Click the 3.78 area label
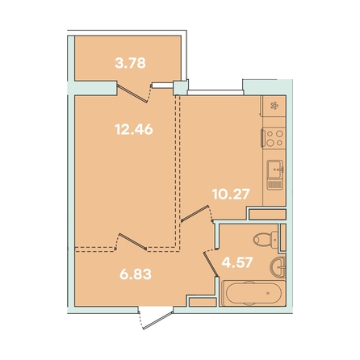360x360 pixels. tap(130, 63)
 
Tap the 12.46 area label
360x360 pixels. tap(134, 129)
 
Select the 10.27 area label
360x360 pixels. tap(231, 194)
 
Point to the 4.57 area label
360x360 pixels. tap(237, 262)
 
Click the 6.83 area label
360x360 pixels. tap(136, 274)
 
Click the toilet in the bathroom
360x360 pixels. tap(266, 239)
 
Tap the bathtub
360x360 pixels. tap(253, 293)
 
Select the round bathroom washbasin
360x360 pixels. tap(278, 267)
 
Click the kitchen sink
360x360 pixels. tap(274, 174)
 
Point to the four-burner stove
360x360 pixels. tap(274, 138)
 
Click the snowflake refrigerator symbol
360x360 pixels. tap(274, 106)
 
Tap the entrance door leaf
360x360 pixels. tap(158, 320)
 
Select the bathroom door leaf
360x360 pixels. tap(211, 263)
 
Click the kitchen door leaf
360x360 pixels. tap(195, 214)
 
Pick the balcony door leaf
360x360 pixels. tap(132, 93)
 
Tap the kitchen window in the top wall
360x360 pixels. tap(216, 93)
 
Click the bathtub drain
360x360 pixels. tap(268, 293)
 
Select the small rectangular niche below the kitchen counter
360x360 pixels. tap(267, 215)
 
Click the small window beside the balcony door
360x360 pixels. tap(162, 86)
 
